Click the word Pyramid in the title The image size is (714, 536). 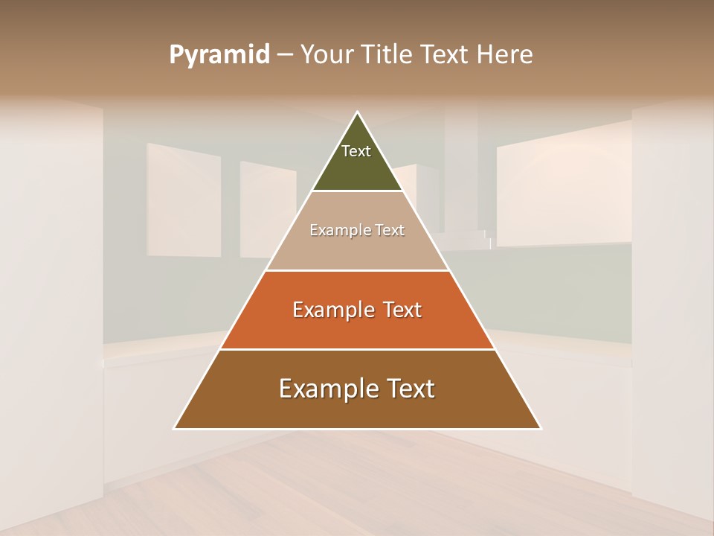219,55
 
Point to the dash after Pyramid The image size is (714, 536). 285,56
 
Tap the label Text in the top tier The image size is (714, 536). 356,151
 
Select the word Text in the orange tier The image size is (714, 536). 402,310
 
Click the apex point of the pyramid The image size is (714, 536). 358,112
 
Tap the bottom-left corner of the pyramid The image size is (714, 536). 174,428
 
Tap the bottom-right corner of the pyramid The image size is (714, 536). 541,428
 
